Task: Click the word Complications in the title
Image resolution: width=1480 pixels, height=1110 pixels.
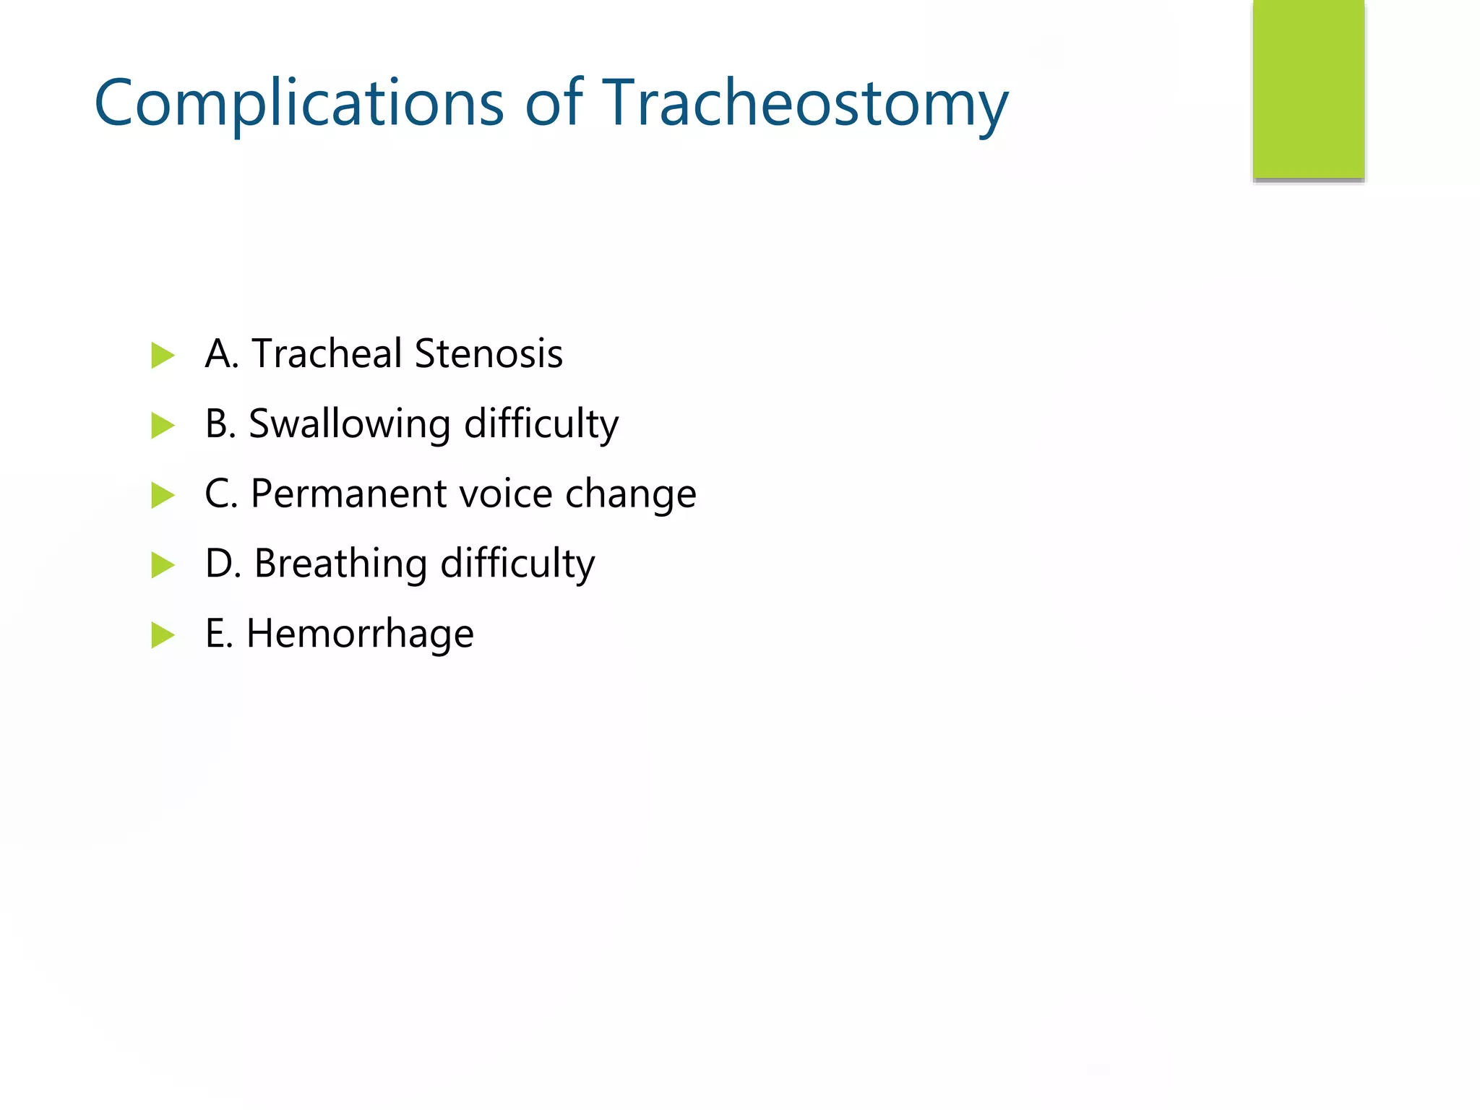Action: [298, 104]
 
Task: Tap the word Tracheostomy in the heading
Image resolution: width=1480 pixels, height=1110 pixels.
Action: [804, 104]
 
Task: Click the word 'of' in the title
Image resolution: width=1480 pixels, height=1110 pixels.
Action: [553, 103]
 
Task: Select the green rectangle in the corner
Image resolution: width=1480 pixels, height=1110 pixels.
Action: [1308, 90]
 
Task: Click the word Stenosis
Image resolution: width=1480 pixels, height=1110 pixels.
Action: [489, 354]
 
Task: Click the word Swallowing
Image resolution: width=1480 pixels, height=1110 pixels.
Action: [349, 424]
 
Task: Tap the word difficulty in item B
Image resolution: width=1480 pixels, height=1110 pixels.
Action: [541, 424]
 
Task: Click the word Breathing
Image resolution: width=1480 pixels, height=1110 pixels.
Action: [340, 564]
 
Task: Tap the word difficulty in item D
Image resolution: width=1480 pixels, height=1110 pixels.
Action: [517, 564]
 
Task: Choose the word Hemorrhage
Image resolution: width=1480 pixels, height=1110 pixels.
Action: [360, 634]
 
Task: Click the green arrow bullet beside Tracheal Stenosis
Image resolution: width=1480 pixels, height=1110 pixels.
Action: [163, 356]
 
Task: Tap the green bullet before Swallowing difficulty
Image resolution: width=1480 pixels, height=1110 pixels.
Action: [163, 426]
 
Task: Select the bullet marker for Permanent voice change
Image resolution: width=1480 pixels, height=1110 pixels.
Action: [163, 496]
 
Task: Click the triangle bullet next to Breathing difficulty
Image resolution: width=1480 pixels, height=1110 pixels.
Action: [163, 565]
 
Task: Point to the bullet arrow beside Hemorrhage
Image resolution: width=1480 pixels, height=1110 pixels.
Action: [163, 635]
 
